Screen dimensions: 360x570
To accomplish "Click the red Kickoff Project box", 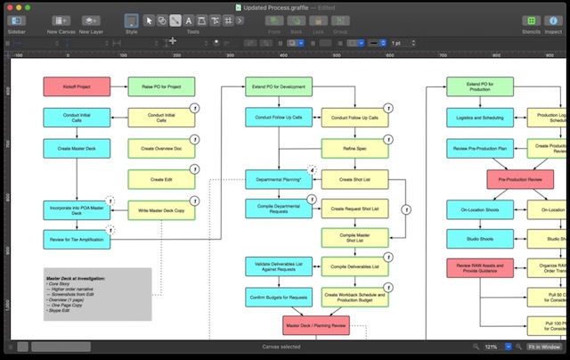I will pyautogui.click(x=77, y=87).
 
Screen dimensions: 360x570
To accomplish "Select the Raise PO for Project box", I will pyautogui.click(x=161, y=87).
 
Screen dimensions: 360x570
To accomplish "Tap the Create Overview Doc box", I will pyautogui.click(x=161, y=149).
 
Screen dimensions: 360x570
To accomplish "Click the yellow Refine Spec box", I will pyautogui.click(x=354, y=149).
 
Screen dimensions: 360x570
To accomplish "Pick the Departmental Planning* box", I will pyautogui.click(x=279, y=180).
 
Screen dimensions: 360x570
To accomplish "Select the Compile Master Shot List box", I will pyautogui.click(x=354, y=238).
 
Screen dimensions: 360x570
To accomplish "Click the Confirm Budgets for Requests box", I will pyautogui.click(x=279, y=296).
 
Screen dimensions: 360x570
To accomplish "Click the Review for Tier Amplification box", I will pyautogui.click(x=77, y=239).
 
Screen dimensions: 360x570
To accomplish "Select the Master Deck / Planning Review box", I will pyautogui.click(x=317, y=326).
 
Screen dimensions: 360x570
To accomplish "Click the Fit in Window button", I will pyautogui.click(x=543, y=347).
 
